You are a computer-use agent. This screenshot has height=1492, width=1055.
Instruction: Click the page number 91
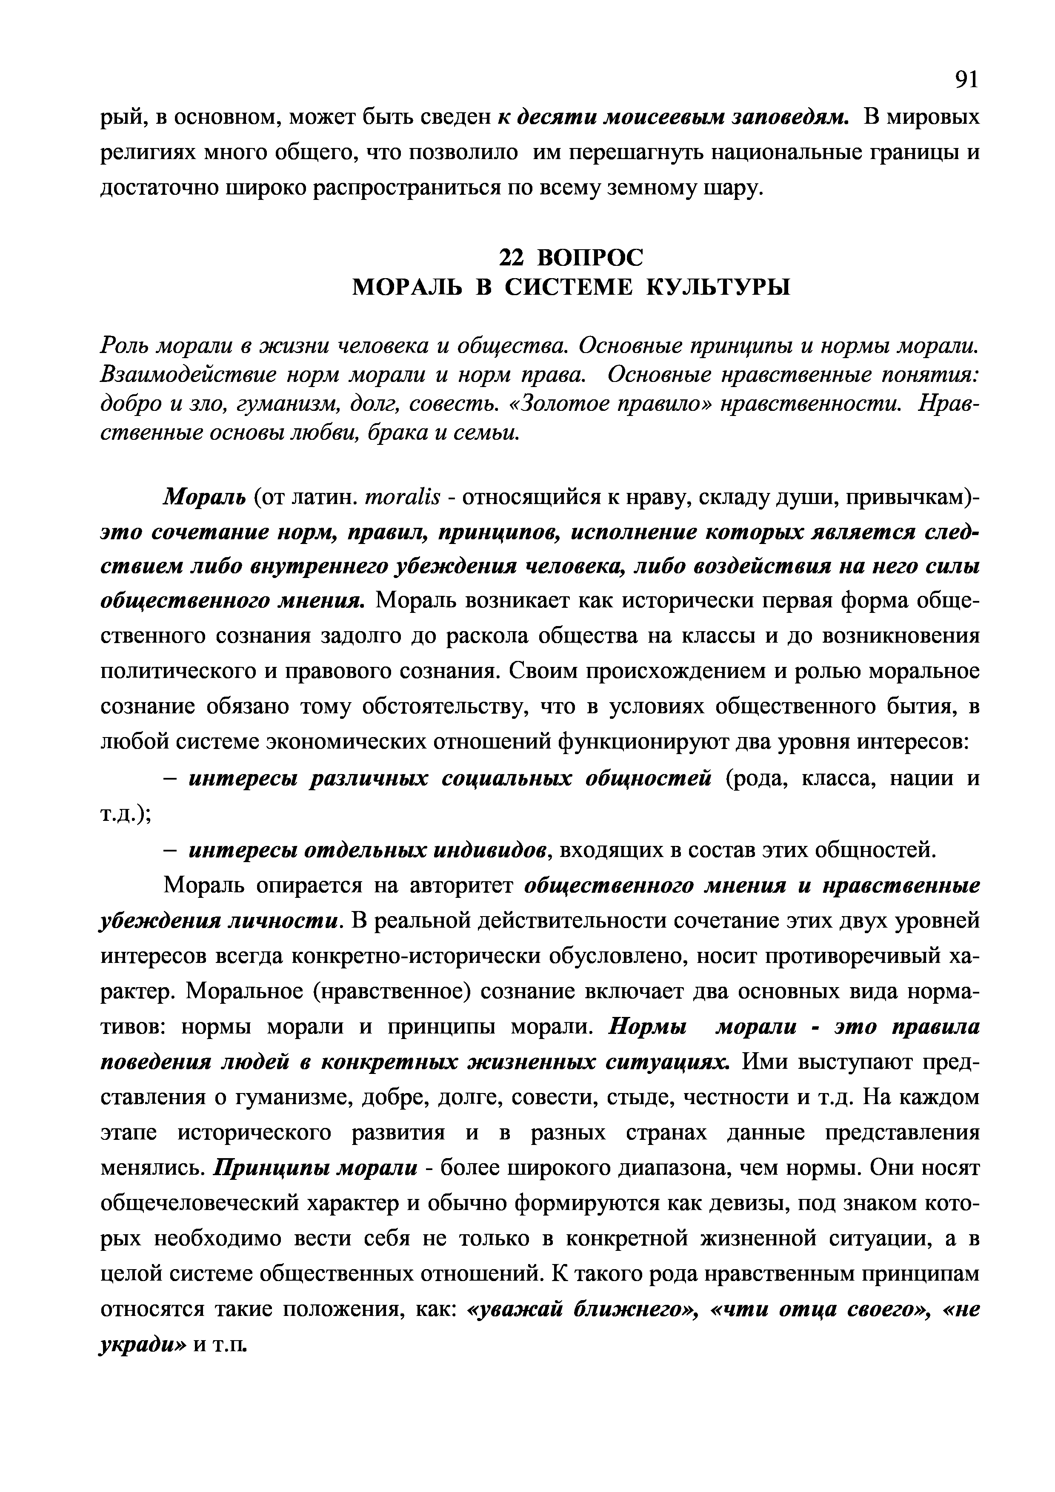tap(965, 79)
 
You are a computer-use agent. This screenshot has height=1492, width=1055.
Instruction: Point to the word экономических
tap(381, 741)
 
